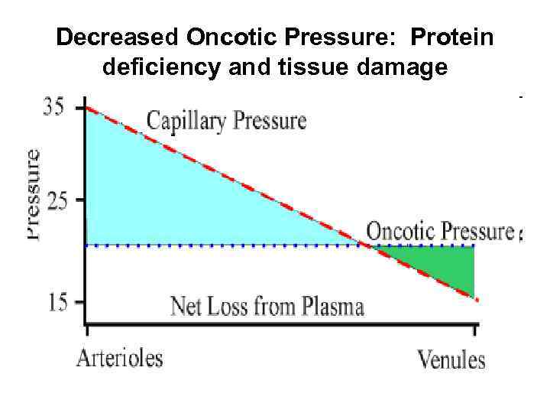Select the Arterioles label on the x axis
pyautogui.click(x=119, y=358)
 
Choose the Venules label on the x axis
pyautogui.click(x=451, y=359)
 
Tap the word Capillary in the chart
pyautogui.click(x=186, y=121)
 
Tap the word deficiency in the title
pyautogui.click(x=151, y=68)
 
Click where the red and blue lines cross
pyautogui.click(x=369, y=246)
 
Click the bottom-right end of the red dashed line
pyautogui.click(x=477, y=300)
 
